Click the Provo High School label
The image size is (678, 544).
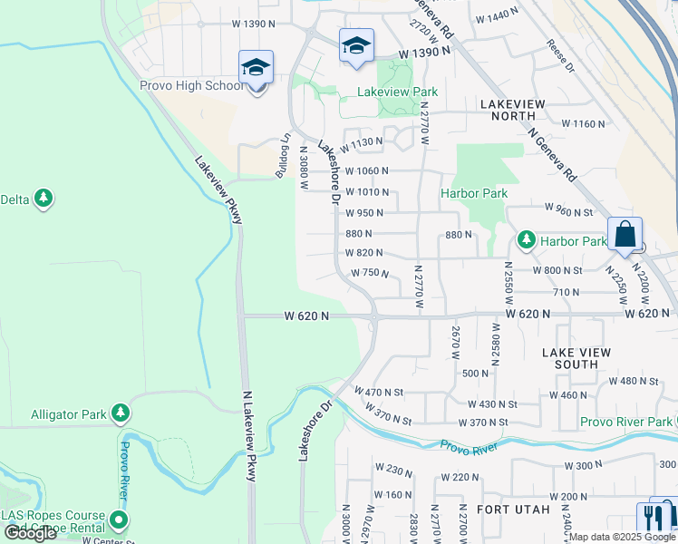(x=190, y=86)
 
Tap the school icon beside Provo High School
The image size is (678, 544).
(x=257, y=68)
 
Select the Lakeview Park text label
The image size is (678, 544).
(x=397, y=92)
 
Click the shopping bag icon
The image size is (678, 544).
(x=625, y=235)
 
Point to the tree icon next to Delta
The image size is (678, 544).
(x=43, y=199)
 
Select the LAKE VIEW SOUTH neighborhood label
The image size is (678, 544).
(x=576, y=357)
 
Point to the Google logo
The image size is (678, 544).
(x=31, y=533)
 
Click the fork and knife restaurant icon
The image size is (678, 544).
(x=650, y=517)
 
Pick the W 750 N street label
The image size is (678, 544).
(x=370, y=273)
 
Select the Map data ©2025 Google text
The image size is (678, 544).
(x=622, y=537)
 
